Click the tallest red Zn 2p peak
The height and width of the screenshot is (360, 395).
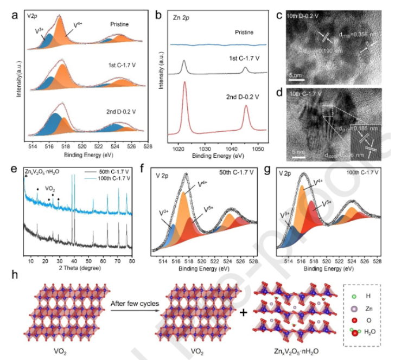pyautogui.click(x=184, y=82)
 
